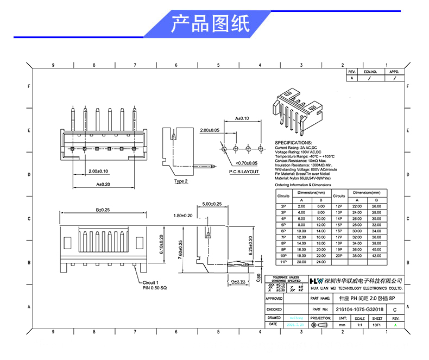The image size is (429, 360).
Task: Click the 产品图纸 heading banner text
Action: point(210,24)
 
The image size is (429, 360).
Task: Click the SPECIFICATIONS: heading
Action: point(296,142)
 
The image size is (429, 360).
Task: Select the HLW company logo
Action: point(316,281)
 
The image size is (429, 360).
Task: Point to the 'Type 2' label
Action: point(181,181)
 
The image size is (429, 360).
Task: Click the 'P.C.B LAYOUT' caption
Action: point(244,172)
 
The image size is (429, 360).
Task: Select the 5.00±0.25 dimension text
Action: point(212,204)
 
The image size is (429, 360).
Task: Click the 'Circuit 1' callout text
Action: point(150,282)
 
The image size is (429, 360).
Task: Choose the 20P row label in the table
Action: point(338,255)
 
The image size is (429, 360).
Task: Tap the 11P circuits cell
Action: point(283,262)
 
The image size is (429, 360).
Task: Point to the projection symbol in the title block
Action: point(320,325)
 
